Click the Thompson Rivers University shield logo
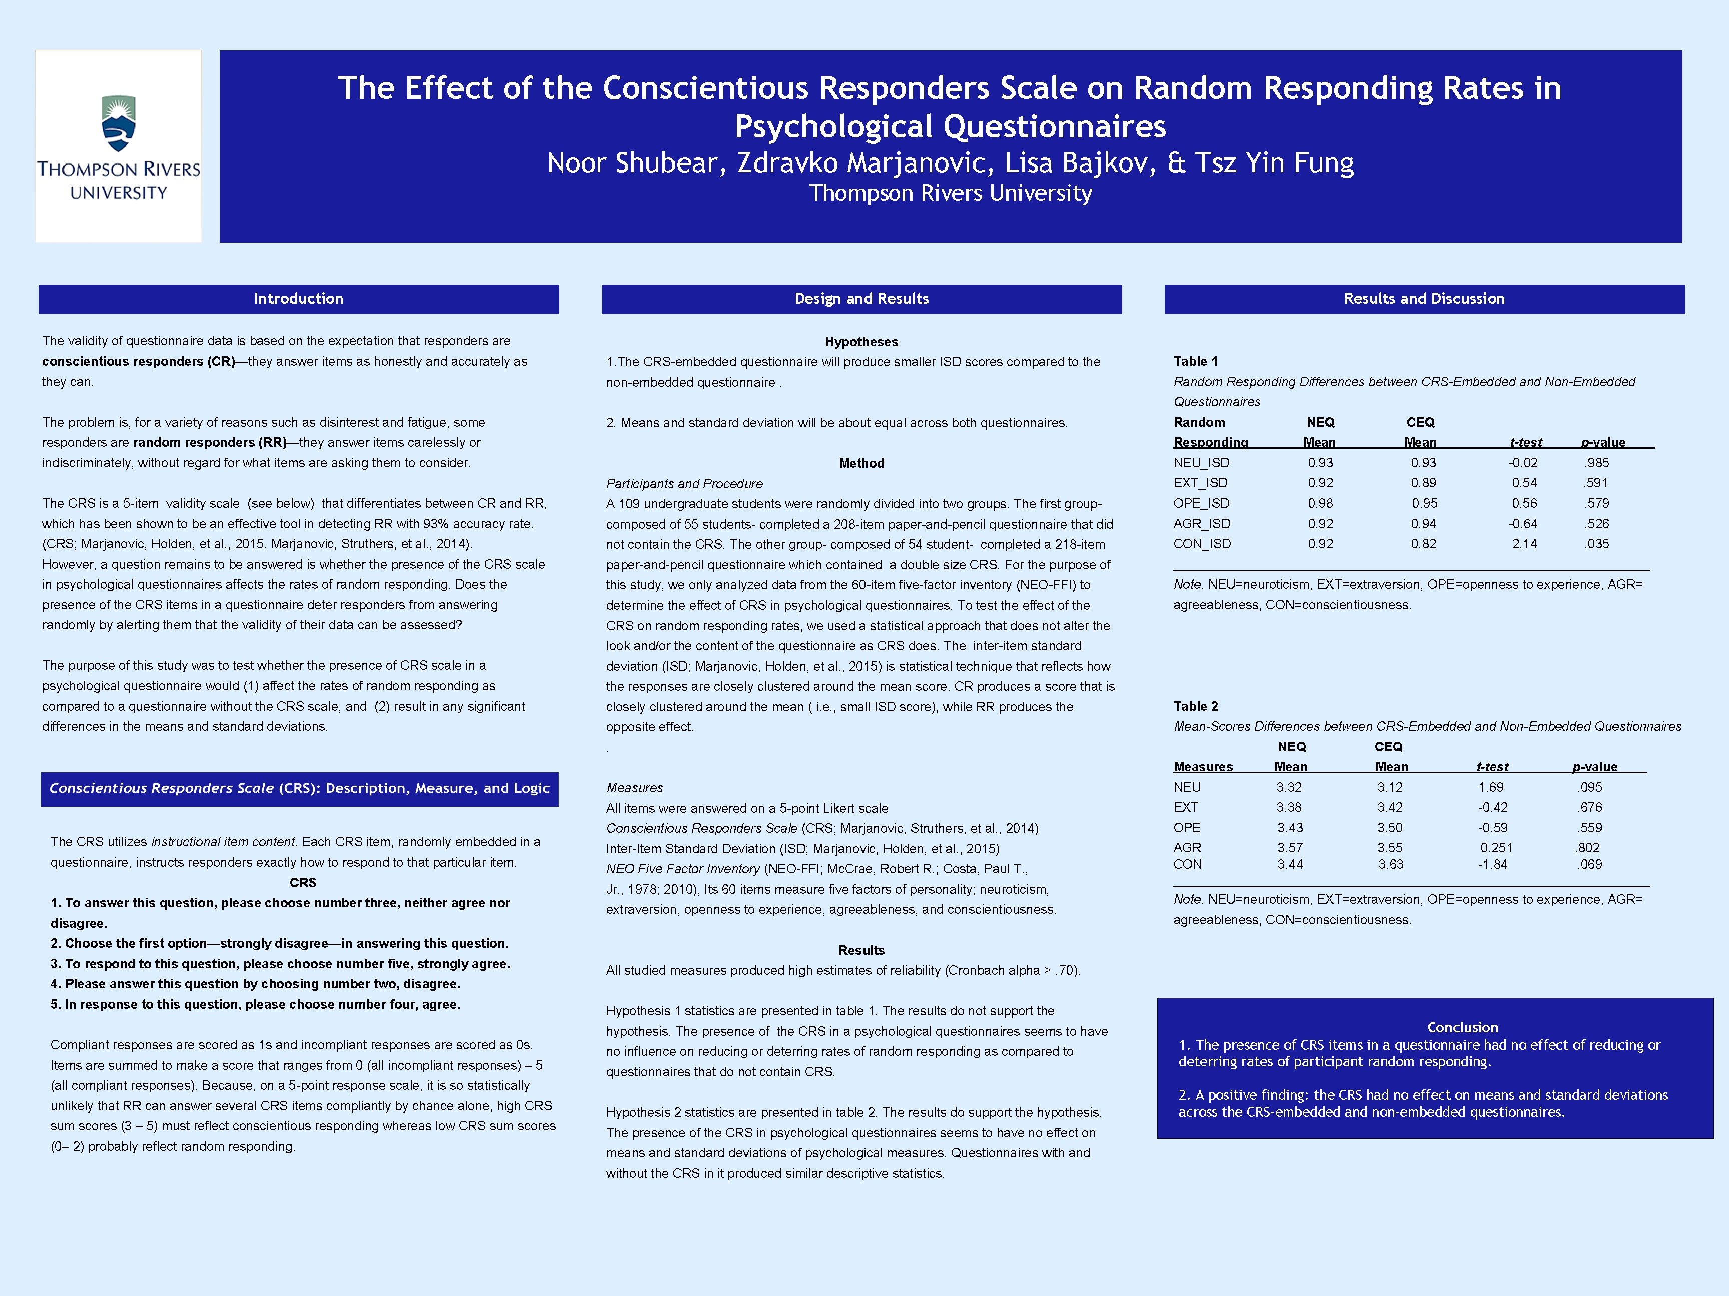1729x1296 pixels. point(119,123)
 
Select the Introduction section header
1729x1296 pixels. point(299,299)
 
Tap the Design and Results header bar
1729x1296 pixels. point(861,299)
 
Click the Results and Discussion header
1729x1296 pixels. point(1424,299)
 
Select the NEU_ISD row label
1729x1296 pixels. point(1201,463)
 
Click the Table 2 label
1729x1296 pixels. point(1195,706)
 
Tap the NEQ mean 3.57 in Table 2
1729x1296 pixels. point(1290,847)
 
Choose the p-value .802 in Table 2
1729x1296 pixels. point(1587,847)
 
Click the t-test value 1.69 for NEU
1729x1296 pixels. point(1490,787)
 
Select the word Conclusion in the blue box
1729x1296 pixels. point(1462,1028)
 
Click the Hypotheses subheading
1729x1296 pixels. point(861,342)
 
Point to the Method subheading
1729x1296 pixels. point(861,463)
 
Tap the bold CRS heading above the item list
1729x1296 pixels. point(303,882)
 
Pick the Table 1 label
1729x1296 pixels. point(1195,361)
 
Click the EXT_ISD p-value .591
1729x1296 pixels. point(1596,483)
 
